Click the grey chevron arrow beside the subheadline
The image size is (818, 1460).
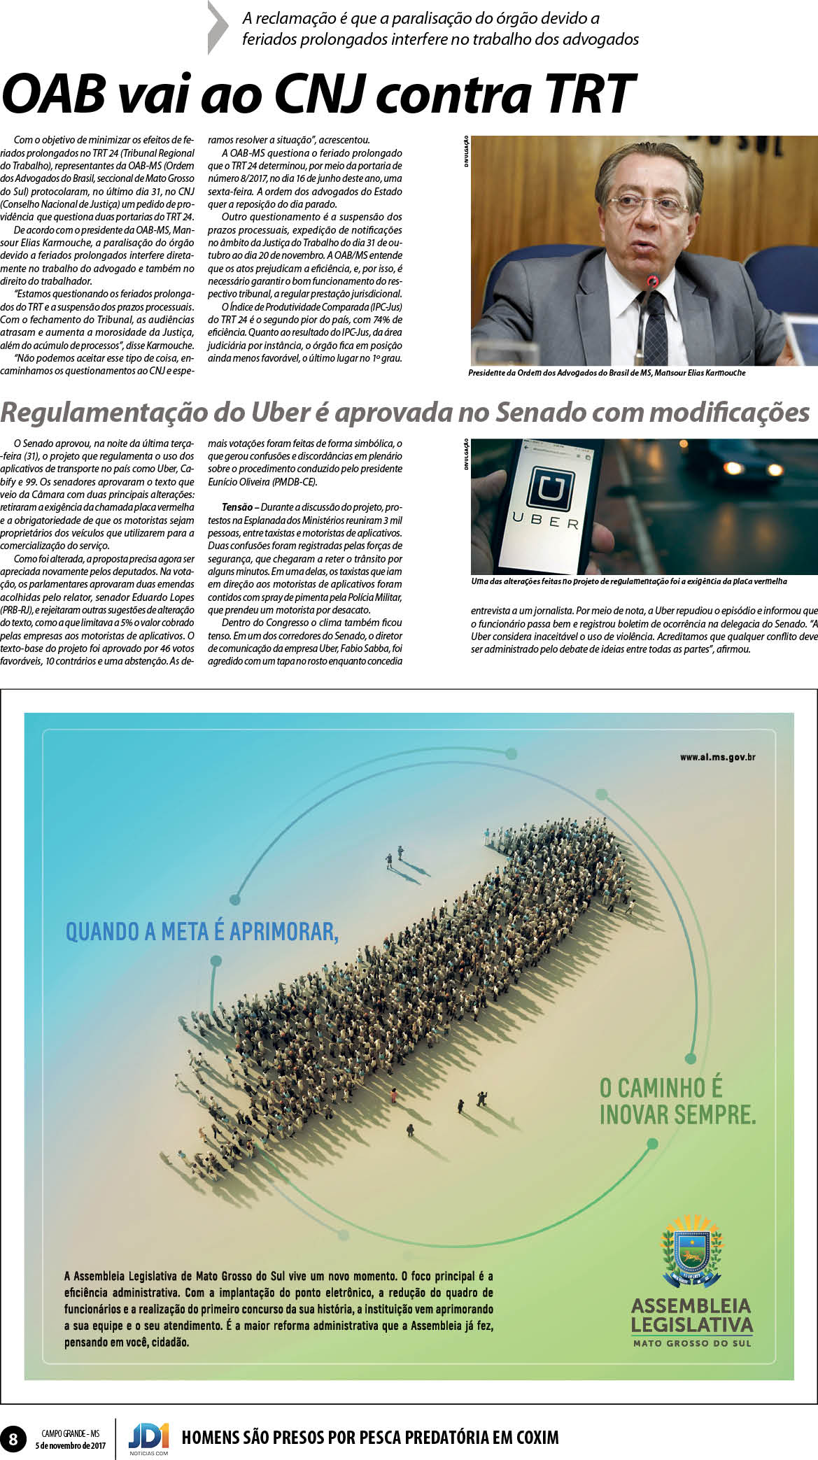(218, 28)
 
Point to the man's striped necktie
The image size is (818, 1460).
(654, 329)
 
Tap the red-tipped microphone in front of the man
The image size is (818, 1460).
(652, 283)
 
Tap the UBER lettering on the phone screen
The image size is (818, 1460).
(546, 520)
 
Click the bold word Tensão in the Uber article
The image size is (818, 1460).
(237, 506)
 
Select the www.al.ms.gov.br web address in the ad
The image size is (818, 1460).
(717, 757)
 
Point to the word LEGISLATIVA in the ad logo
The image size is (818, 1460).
(692, 1324)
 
